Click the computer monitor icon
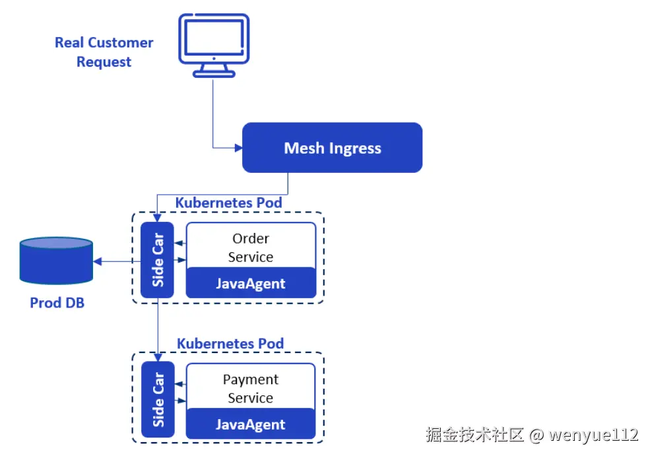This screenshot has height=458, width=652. point(214,46)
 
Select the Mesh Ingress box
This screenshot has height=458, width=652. point(332,148)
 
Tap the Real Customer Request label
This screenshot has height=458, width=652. point(104,52)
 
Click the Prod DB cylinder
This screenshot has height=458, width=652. point(56,261)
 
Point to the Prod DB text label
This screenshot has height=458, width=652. point(57,303)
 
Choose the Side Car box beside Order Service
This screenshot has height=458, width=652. point(157,260)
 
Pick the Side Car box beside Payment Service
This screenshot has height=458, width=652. point(158,399)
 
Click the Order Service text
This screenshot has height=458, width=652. point(251,247)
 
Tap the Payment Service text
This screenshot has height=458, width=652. point(251,389)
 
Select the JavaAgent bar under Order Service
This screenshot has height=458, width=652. point(251,283)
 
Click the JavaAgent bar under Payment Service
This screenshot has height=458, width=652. point(251,424)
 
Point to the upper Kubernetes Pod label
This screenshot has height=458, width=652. point(228,203)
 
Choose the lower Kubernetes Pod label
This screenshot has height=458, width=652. point(230,344)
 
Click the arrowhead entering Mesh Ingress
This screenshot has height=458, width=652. point(238,148)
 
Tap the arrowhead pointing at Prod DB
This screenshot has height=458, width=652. point(97,261)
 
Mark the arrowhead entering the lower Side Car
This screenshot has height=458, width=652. point(158,357)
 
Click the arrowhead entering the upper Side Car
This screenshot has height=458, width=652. point(157,218)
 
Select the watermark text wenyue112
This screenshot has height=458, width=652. point(593,435)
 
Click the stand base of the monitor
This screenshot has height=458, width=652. point(214,75)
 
